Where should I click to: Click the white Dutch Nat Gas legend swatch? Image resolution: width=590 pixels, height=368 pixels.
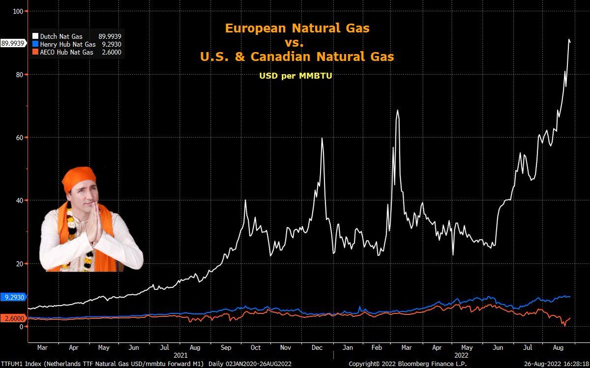(35, 36)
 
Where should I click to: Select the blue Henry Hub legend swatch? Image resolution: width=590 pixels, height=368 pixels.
(35, 44)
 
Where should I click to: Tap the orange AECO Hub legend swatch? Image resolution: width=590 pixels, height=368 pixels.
(35, 52)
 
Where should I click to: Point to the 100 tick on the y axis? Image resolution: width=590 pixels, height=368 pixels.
(20, 11)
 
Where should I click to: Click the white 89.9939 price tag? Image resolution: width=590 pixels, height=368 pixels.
(13, 43)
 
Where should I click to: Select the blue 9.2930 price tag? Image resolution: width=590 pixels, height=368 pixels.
(14, 297)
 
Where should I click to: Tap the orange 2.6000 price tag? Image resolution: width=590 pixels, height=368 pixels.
(14, 318)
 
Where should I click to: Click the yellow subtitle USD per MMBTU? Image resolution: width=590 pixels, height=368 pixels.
(296, 76)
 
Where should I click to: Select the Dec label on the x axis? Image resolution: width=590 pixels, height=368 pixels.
(317, 348)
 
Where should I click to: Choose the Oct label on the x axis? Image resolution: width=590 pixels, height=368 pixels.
(256, 348)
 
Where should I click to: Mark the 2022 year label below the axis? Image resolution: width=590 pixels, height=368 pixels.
(461, 355)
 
